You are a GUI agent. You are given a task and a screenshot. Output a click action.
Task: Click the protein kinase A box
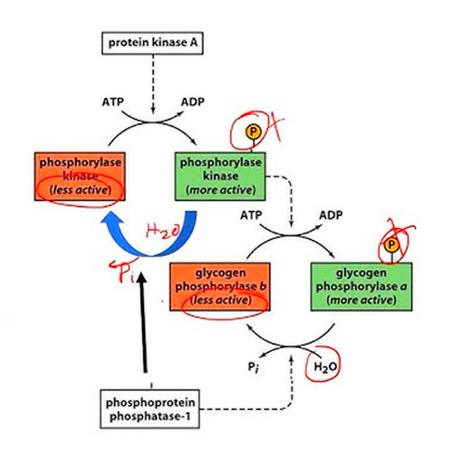152,43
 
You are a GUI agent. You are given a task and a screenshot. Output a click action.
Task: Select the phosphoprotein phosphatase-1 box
150,408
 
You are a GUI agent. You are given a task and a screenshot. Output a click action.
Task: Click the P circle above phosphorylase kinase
252,131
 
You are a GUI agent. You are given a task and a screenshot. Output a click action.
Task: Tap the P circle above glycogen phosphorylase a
391,245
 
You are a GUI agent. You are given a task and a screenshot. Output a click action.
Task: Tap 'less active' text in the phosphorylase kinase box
80,191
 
